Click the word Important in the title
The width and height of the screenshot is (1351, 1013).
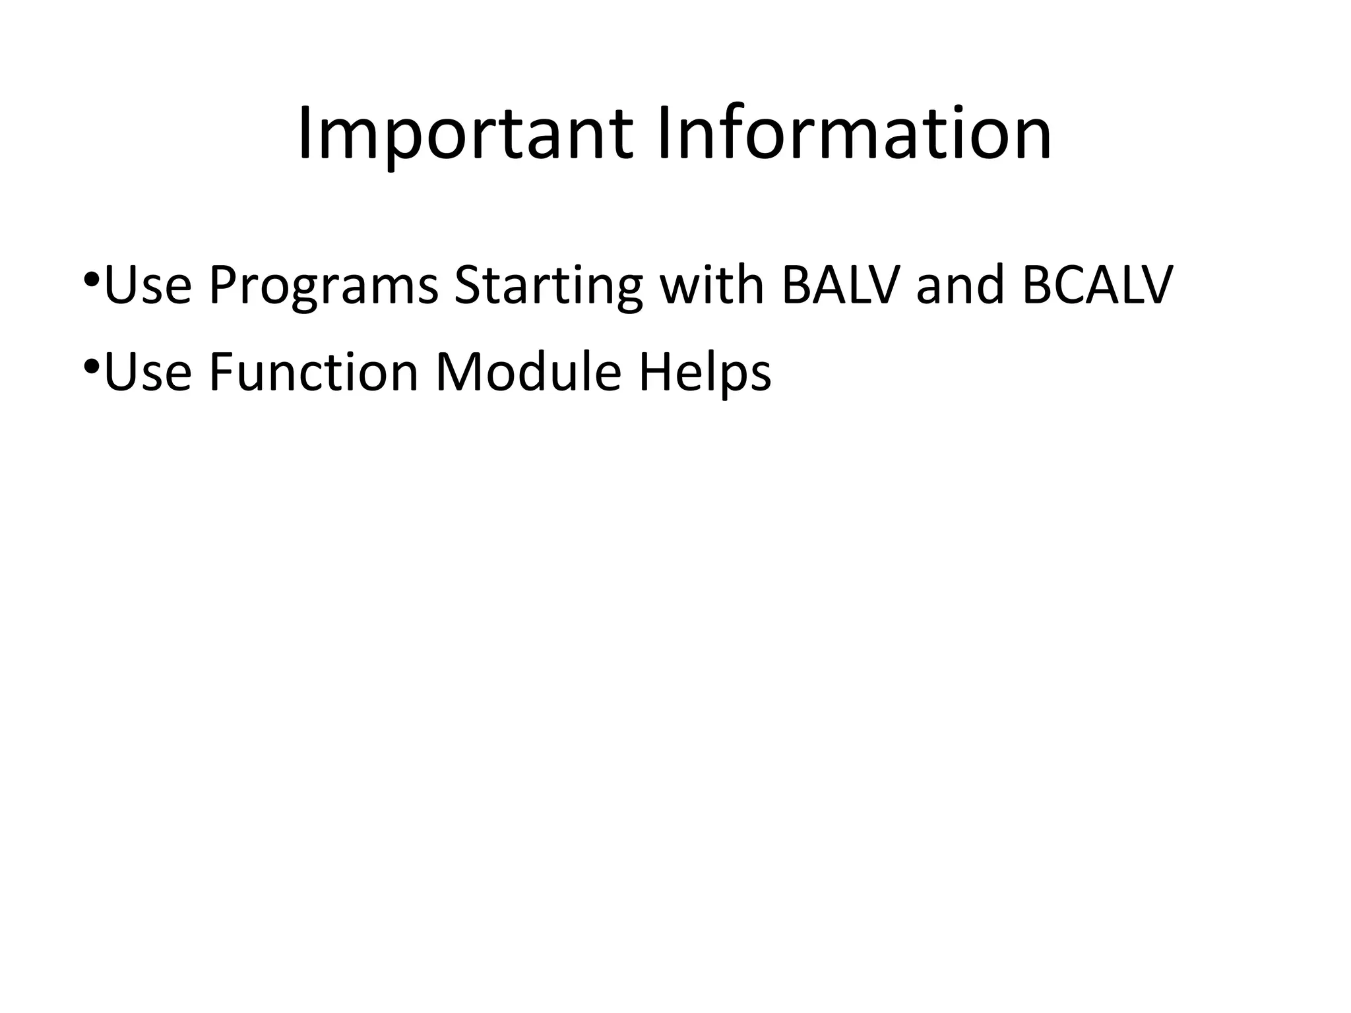coord(466,135)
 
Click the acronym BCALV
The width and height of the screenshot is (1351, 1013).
coord(1097,285)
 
